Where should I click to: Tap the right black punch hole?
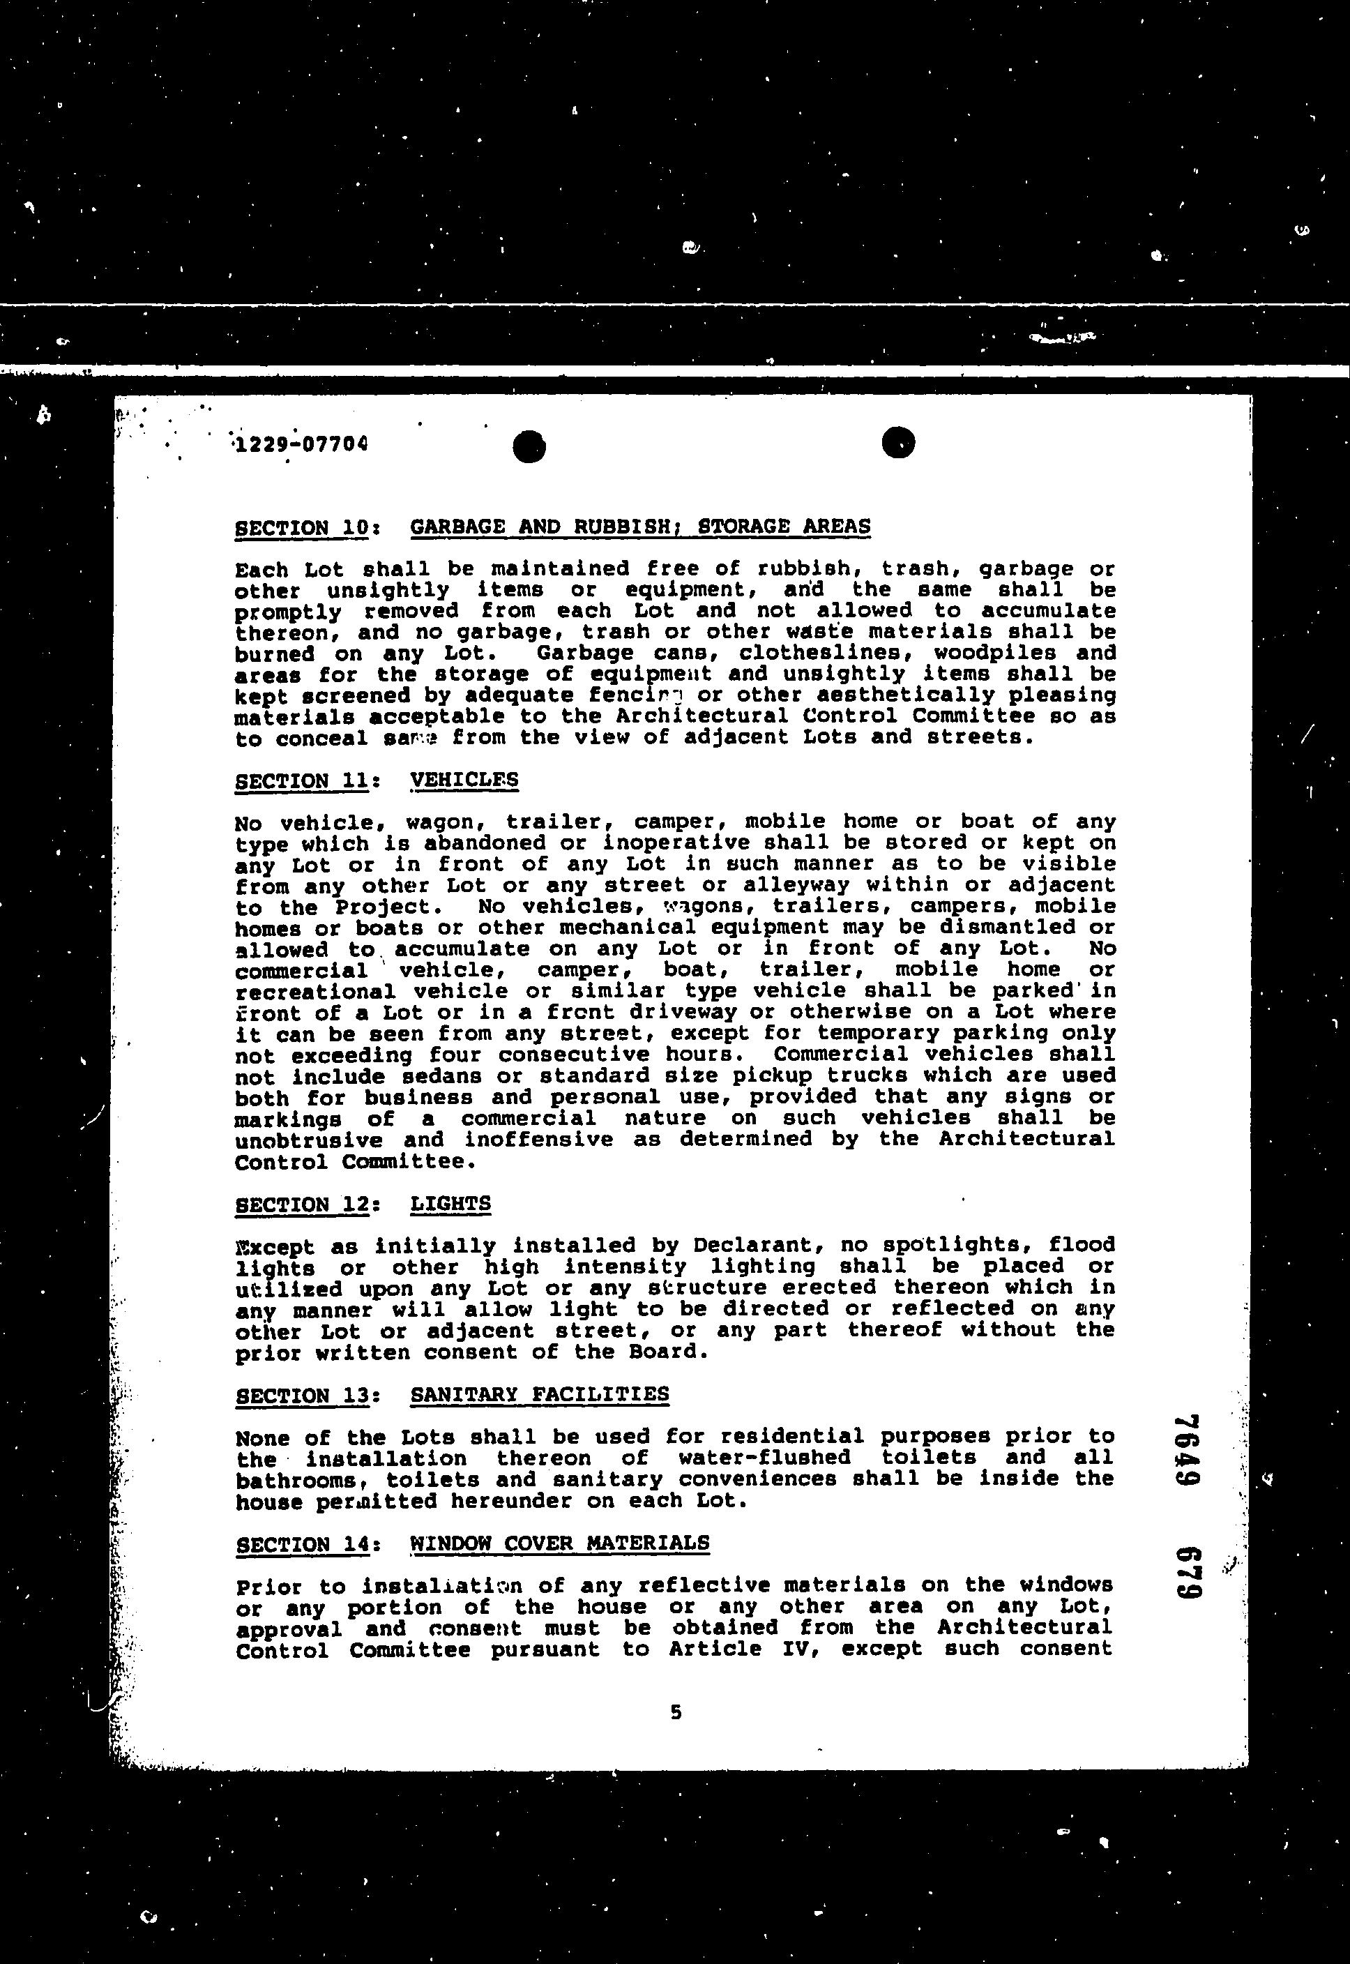coord(897,441)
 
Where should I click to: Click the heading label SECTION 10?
coord(301,528)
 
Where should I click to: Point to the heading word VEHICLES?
coord(464,779)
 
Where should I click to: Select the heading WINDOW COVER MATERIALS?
coord(559,1542)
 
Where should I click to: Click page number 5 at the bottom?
coord(675,1712)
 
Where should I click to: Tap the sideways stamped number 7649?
coord(1188,1451)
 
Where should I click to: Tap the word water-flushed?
coord(764,1458)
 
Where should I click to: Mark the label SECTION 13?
coord(303,1396)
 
